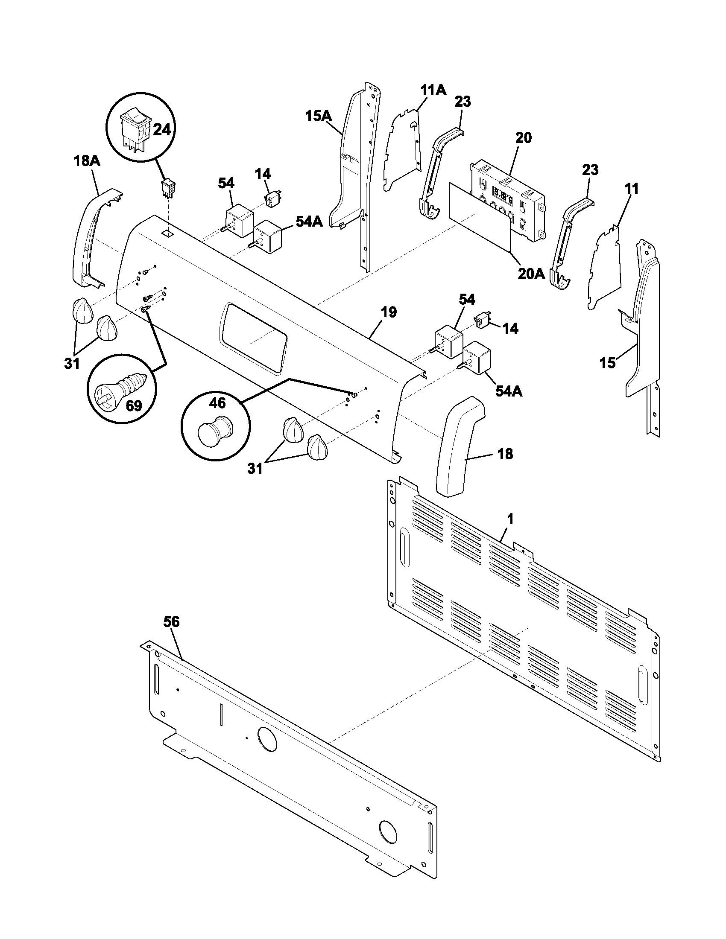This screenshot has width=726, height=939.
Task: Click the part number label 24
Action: coord(162,129)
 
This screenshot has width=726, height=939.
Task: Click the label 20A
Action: coord(531,274)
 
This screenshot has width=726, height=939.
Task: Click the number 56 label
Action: coord(171,621)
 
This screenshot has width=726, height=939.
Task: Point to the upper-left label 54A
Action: coord(309,222)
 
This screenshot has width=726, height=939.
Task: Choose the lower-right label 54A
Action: coord(509,391)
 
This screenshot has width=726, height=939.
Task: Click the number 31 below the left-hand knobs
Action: coord(72,364)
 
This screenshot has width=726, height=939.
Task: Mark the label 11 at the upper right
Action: coord(632,188)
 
